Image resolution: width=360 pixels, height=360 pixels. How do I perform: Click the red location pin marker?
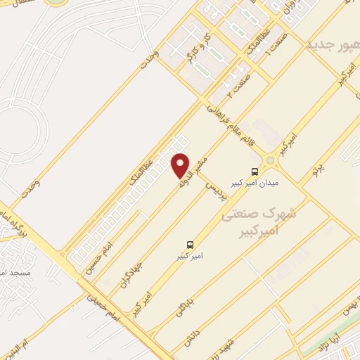click(x=181, y=165)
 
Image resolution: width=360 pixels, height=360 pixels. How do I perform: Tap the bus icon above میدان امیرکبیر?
click(x=254, y=171)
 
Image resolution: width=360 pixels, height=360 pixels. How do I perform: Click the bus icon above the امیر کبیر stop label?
click(x=190, y=245)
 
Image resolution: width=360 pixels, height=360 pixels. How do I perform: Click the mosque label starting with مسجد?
click(x=14, y=271)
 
